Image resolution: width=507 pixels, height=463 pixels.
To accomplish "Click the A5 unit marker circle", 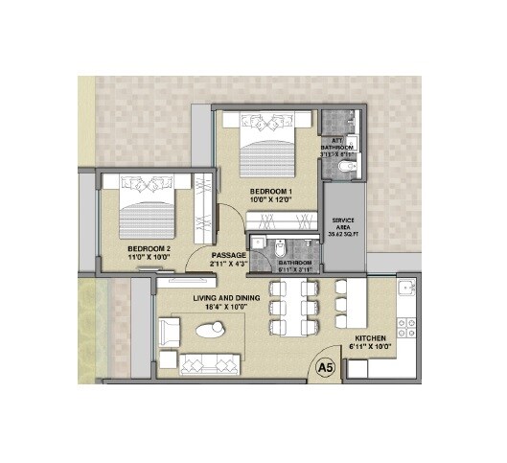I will click(x=326, y=366).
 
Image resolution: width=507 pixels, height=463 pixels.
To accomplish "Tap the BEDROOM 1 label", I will click(x=271, y=192).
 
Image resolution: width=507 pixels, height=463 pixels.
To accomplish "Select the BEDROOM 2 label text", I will click(x=149, y=248).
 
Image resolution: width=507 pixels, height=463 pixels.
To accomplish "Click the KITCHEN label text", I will click(x=371, y=339).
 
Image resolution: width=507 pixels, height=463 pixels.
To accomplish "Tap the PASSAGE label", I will click(x=229, y=255).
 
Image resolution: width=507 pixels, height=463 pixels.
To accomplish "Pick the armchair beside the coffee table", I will click(x=170, y=333).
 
